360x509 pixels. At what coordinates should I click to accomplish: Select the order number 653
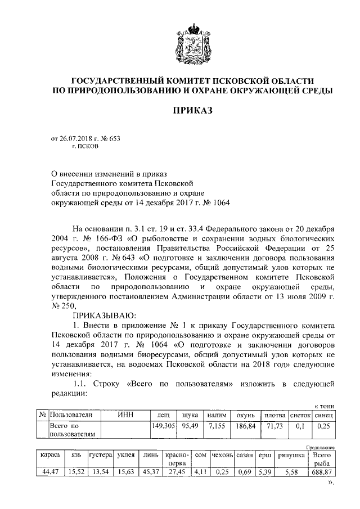pos(114,138)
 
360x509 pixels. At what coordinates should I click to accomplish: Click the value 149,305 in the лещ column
pos(164,426)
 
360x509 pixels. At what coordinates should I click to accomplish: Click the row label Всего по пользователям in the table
pos(72,430)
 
